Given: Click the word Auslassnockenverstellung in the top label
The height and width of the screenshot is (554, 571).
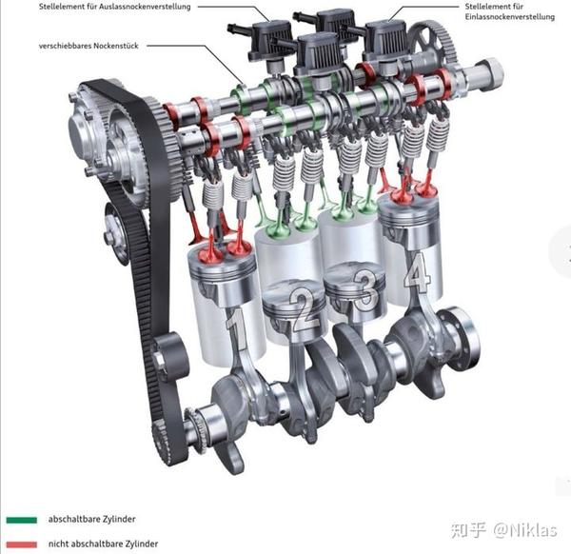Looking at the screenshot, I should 140,7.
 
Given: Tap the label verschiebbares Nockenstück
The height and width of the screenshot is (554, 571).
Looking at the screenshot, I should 90,45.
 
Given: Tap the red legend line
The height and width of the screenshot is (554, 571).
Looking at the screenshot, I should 22,544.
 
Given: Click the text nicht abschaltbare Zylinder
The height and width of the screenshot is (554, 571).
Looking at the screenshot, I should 104,544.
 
